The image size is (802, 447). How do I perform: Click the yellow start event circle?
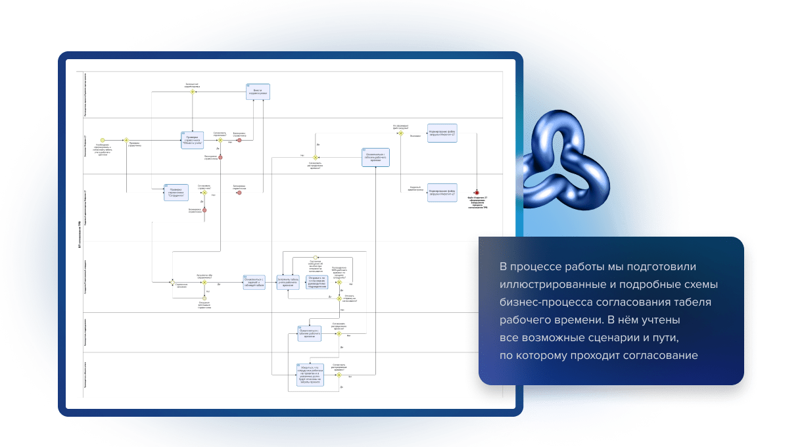[x=103, y=139]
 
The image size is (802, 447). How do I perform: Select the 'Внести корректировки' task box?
[x=258, y=91]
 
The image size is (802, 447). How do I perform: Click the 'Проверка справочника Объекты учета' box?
[x=192, y=140]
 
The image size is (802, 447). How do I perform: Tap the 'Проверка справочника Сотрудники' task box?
[x=176, y=192]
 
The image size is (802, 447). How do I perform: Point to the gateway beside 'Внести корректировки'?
[x=193, y=92]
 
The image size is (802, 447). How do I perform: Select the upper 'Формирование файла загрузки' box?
[x=442, y=133]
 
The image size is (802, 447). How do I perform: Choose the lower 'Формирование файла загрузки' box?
[x=442, y=192]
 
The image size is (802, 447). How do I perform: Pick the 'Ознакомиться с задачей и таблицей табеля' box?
[x=254, y=282]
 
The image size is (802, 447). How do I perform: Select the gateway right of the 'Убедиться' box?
[x=339, y=375]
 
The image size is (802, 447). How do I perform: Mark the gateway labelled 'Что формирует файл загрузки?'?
[x=400, y=133]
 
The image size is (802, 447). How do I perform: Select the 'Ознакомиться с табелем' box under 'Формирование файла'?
[x=376, y=157]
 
